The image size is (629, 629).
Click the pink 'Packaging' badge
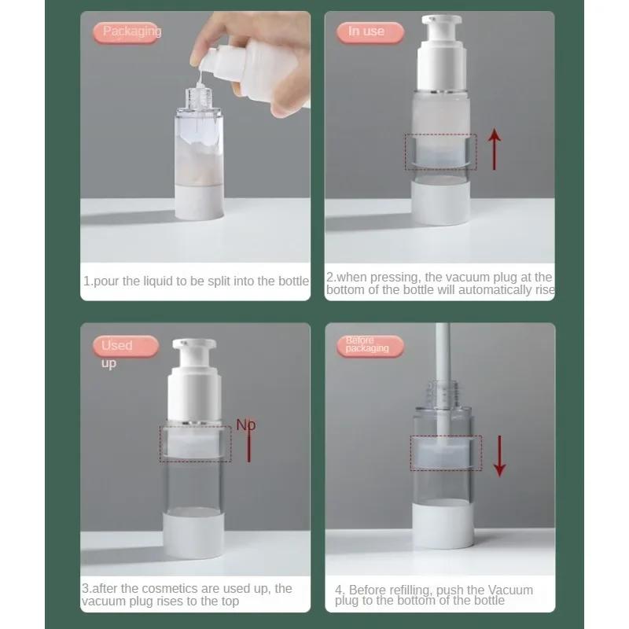pos(131,32)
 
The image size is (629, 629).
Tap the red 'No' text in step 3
pos(246,425)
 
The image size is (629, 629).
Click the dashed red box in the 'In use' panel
pos(440,152)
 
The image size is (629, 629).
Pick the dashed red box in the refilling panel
pos(445,454)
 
